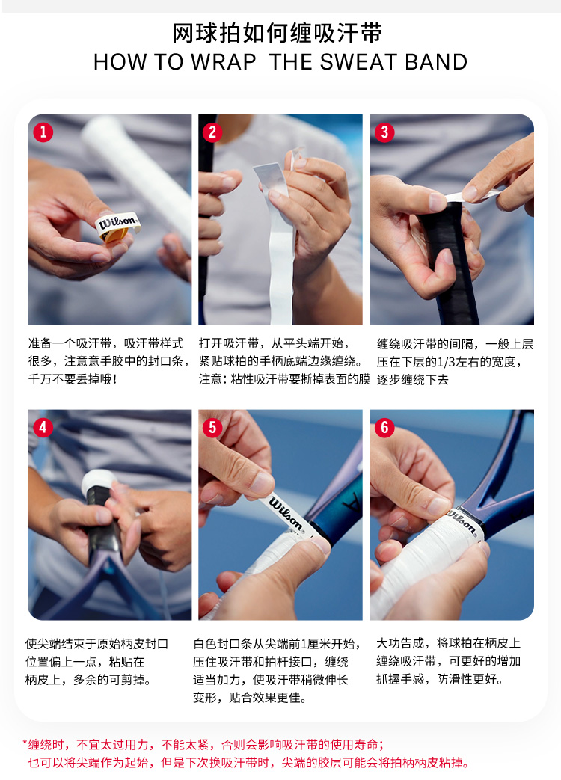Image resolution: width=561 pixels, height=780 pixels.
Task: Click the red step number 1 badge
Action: coord(43,132)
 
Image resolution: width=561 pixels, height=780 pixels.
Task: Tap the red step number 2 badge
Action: coord(212,132)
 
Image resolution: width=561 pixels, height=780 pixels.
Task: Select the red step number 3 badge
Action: coord(384,132)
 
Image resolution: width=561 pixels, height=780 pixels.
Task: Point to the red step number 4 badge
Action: coord(43,427)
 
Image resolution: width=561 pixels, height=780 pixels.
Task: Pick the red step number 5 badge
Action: coord(212,427)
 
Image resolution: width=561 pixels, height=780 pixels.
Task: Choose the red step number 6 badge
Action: coord(384,427)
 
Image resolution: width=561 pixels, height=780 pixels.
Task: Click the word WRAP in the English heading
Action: coord(224,62)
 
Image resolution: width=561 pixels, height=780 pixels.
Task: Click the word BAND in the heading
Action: coord(436,62)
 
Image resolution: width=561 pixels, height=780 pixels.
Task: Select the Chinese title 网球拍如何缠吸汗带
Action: coord(277,34)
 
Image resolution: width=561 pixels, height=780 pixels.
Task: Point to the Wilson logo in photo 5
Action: coord(286,513)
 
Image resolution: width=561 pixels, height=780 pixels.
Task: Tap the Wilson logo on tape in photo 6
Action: coord(462,521)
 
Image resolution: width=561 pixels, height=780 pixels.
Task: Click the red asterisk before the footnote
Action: coord(25,743)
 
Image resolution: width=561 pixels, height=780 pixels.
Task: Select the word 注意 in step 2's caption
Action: coord(210,379)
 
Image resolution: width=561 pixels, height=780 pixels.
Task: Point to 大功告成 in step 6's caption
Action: coord(400,643)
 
